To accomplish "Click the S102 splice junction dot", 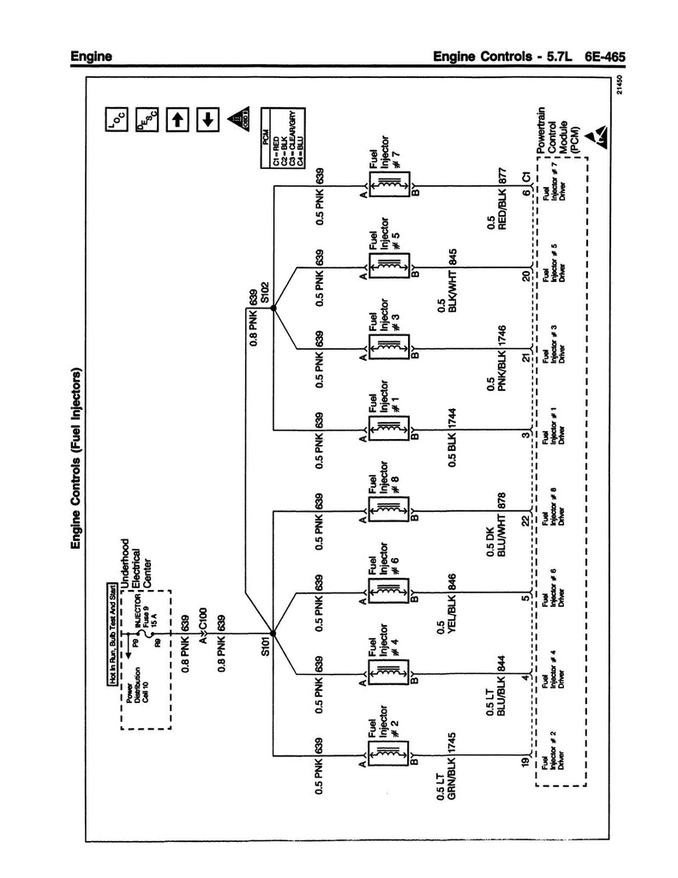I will (x=273, y=310).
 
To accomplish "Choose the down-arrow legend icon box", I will (x=206, y=120).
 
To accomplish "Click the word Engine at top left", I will (x=93, y=58).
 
